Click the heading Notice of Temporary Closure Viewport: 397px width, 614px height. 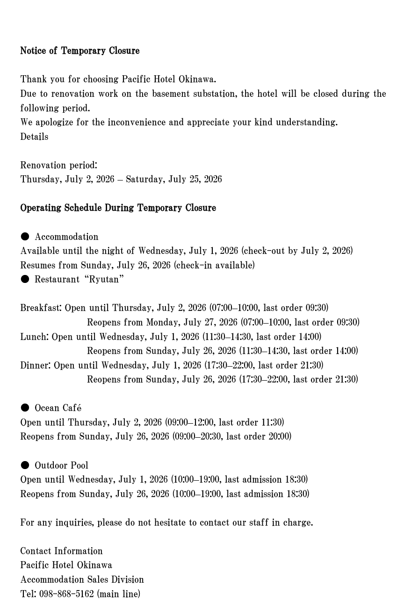[79, 51]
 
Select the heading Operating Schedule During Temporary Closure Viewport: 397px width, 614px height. [118, 208]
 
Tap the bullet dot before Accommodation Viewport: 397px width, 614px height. [25, 237]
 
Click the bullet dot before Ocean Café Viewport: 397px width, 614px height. [25, 408]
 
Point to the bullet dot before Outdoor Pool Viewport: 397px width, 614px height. [25, 465]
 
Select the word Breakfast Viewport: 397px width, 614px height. [40, 308]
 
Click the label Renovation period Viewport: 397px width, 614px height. [58, 165]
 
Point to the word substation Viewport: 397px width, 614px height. [216, 94]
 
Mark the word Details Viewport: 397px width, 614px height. [34, 137]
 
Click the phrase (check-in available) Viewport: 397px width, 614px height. [214, 265]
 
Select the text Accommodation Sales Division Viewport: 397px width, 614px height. [82, 579]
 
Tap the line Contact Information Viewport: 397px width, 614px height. [61, 551]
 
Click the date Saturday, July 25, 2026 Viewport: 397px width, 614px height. [173, 179]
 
